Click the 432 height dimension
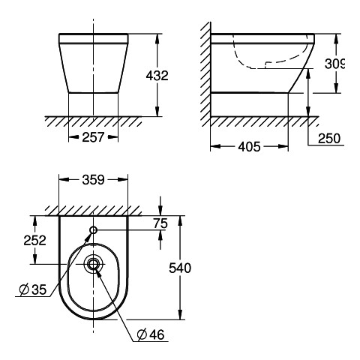157,76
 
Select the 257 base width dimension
93,137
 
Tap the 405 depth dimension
249,146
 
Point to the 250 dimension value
329,138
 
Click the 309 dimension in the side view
334,64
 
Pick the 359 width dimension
93,180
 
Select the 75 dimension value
160,223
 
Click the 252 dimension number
35,240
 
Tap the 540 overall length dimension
180,268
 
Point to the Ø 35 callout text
33,289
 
